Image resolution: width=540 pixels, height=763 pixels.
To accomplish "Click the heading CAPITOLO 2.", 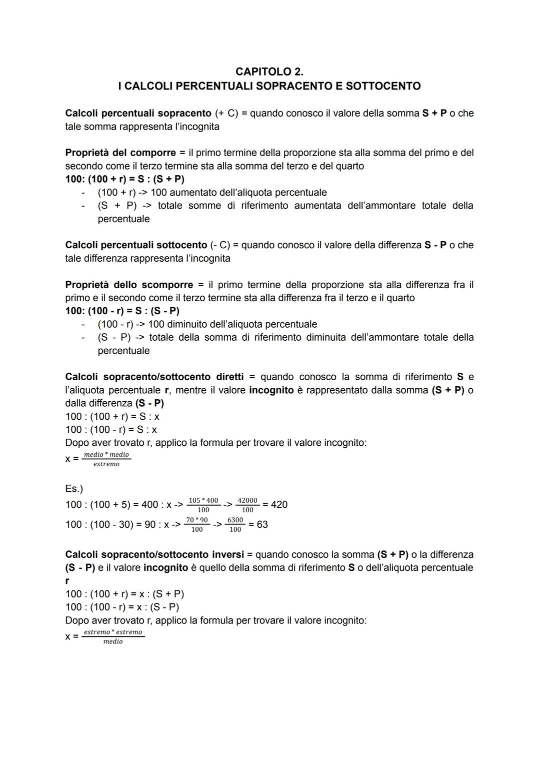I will tap(269, 72).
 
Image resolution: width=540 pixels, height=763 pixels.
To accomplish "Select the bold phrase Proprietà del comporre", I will tap(120, 153).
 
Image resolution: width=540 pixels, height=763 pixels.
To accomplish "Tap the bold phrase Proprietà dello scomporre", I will tap(129, 285).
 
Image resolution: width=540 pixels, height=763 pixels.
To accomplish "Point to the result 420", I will tap(279, 504).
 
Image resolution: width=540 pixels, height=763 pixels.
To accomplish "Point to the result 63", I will tap(262, 524).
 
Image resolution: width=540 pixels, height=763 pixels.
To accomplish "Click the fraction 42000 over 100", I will tap(247, 505).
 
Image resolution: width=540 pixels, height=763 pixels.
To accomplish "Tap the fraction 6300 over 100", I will tap(235, 524).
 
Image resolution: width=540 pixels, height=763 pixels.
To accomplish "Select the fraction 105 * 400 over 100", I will tap(203, 505).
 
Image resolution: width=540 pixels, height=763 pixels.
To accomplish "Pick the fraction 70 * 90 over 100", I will tap(197, 524).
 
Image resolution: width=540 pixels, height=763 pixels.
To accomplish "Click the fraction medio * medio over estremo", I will tap(106, 459).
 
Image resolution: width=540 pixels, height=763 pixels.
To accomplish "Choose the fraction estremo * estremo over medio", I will tap(113, 636).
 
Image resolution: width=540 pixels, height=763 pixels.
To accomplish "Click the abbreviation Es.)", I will tap(74, 488).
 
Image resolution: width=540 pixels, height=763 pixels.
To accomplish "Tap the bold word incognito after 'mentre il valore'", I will tap(271, 390).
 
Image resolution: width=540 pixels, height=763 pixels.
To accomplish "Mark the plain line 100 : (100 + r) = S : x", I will tap(112, 416).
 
